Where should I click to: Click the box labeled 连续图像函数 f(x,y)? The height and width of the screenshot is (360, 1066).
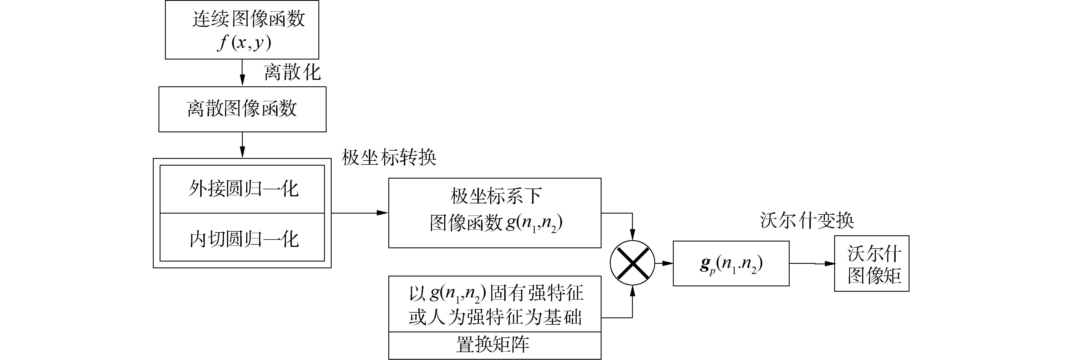pos(242,30)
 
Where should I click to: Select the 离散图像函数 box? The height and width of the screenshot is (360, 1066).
pos(242,109)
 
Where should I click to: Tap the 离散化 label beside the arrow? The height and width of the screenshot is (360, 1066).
pos(292,73)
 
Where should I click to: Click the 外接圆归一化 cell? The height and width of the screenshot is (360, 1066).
pos(242,189)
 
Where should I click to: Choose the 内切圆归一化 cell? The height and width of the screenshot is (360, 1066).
pos(242,238)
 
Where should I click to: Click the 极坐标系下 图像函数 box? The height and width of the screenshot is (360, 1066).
pos(495,213)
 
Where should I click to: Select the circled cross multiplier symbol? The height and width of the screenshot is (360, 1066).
pos(632,263)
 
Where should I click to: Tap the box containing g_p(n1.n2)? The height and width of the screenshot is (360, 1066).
pos(731,264)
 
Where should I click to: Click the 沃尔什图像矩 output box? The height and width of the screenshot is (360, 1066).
pos(871,264)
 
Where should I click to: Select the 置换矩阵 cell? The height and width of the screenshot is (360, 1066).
pos(495,345)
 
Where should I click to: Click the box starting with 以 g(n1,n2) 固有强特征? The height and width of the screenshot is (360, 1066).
pos(495,304)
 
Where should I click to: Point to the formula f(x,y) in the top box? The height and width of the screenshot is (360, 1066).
pos(244,42)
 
